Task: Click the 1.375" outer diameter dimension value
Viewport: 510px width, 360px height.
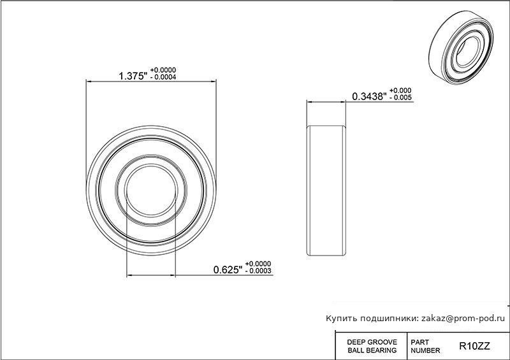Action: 133,76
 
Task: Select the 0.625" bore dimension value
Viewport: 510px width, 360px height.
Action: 228,270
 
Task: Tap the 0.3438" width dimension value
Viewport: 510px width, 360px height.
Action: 370,96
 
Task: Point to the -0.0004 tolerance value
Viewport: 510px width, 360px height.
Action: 164,77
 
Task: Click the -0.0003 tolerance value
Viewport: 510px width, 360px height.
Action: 258,271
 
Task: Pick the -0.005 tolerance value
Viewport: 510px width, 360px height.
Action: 401,97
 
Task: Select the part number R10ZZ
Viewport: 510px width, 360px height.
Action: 474,346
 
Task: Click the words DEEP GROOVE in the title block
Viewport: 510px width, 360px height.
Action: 372,342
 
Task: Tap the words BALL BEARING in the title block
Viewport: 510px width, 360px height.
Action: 372,350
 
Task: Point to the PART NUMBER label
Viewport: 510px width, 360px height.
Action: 425,347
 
